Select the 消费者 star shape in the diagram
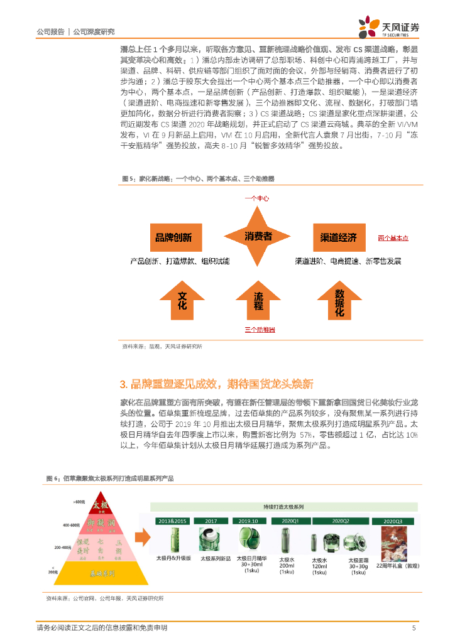point(258,236)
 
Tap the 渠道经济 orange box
point(339,237)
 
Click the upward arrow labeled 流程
point(258,300)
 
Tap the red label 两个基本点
point(393,238)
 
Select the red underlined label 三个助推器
point(260,329)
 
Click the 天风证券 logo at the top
point(389,26)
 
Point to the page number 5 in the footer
point(414,627)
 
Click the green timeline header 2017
point(211,521)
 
